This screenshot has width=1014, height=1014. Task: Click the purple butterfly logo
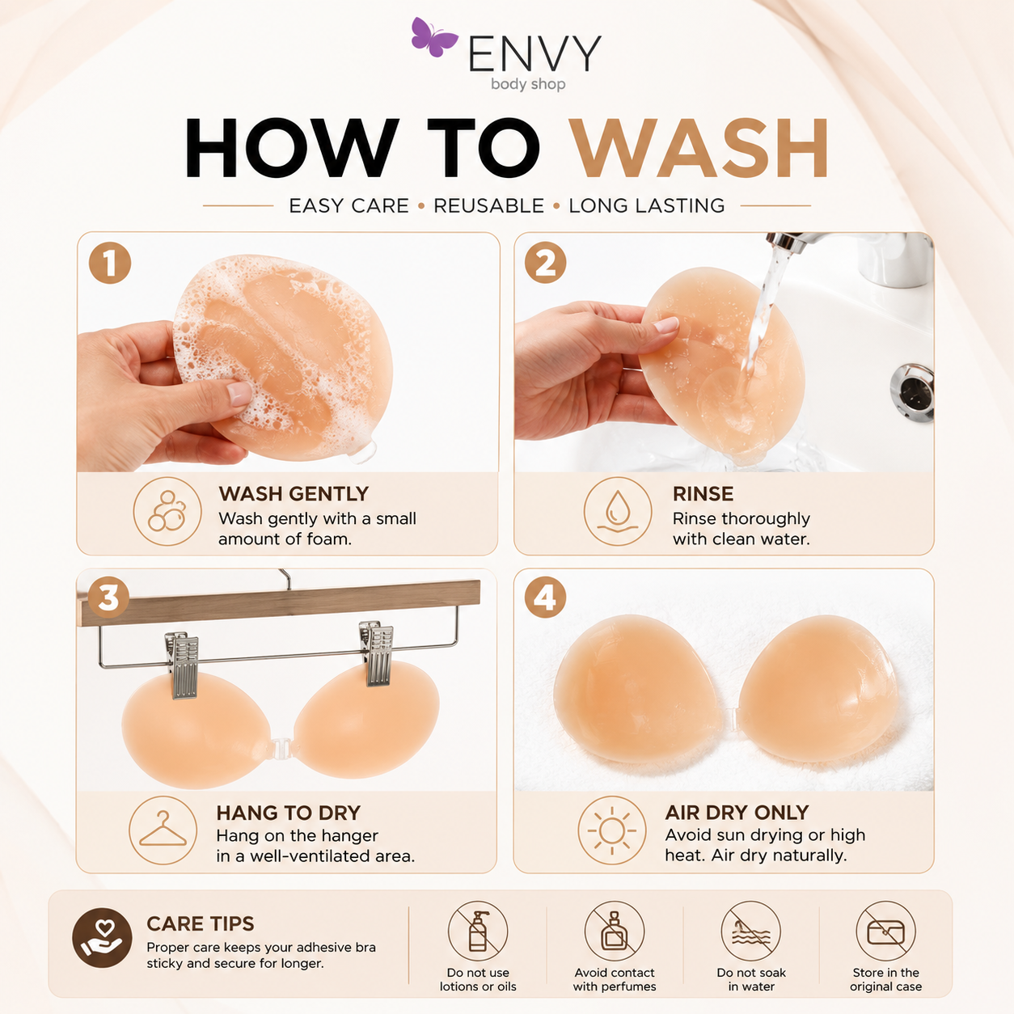(x=433, y=36)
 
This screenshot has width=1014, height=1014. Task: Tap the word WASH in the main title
(x=700, y=148)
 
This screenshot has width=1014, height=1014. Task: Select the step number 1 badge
(x=109, y=263)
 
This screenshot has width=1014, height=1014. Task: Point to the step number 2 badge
(x=545, y=262)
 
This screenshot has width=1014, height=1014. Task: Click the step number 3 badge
(x=108, y=598)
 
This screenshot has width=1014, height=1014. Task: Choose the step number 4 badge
(x=545, y=598)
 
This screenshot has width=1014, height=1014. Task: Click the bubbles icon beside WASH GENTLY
(x=167, y=511)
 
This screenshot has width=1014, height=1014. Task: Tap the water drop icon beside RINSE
(x=617, y=511)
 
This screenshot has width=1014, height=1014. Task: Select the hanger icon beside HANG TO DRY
(x=163, y=830)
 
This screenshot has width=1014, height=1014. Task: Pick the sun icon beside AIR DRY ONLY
(x=612, y=830)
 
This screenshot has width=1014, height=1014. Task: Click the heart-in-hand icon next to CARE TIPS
(x=102, y=938)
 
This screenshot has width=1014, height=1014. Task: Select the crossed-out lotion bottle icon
(x=478, y=931)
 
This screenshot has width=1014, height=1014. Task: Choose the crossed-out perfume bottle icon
(x=614, y=931)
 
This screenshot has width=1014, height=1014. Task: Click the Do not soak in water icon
(x=751, y=931)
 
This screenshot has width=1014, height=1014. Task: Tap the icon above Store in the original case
(x=885, y=931)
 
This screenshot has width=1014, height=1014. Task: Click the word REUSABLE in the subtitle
(x=489, y=205)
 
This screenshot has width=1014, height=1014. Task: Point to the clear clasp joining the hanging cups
(x=281, y=747)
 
